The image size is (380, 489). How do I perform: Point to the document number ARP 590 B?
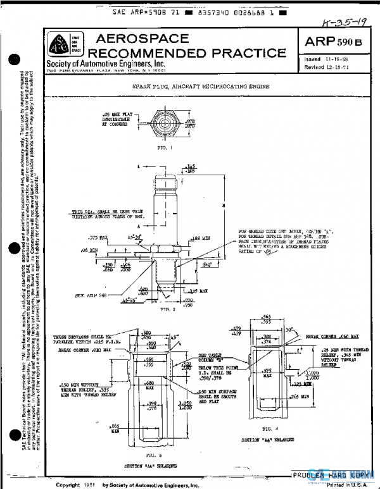pos(333,41)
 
